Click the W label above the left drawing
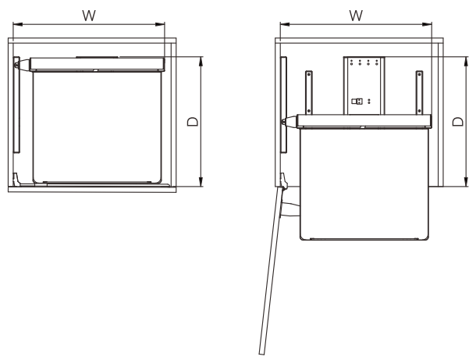click(89, 16)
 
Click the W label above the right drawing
click(356, 16)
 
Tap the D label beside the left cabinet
click(193, 122)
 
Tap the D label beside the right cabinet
click(458, 122)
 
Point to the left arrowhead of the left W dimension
click(18, 24)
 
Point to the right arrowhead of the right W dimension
click(427, 24)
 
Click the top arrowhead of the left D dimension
click(201, 62)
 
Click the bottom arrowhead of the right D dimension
click(467, 182)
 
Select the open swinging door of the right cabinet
click(272, 270)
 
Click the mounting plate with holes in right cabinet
click(364, 85)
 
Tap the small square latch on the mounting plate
click(357, 102)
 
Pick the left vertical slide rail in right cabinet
click(309, 93)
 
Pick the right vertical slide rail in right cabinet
click(419, 93)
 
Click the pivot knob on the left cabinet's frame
click(17, 65)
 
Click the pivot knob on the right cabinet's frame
click(284, 122)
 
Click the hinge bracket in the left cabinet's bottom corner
click(16, 180)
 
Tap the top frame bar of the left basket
click(97, 64)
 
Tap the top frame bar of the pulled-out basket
click(364, 121)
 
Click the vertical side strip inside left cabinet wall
click(16, 105)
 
